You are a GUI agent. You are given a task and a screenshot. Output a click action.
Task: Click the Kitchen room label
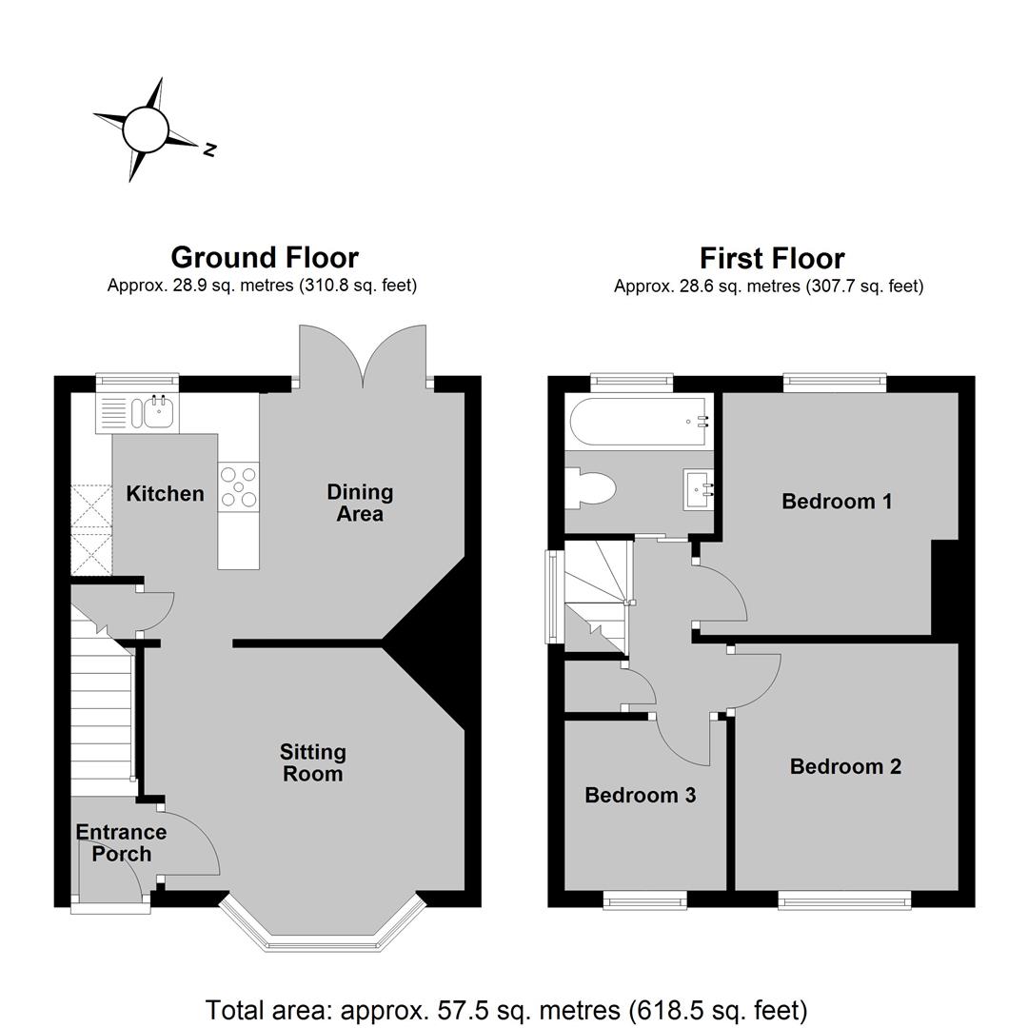[165, 493]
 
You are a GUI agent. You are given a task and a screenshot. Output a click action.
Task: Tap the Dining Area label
[360, 503]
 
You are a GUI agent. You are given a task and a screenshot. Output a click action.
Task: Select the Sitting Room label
[313, 762]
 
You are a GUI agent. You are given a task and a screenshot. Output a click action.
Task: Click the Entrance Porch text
[121, 842]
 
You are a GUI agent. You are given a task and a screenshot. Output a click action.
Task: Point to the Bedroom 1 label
[837, 502]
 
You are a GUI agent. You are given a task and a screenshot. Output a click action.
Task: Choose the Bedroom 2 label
[845, 766]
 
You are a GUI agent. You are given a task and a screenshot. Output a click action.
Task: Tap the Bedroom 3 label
[640, 795]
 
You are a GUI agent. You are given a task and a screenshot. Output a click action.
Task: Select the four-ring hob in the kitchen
[239, 486]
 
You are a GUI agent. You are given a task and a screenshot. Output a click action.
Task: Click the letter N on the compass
[209, 149]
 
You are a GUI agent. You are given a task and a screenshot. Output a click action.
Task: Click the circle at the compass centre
[146, 129]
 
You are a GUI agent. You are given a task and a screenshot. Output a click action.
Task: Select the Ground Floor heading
[265, 258]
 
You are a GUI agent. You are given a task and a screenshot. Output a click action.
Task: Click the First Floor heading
[772, 258]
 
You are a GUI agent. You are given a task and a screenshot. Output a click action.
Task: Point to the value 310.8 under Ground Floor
[324, 286]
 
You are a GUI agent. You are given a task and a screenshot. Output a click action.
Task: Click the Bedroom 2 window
[844, 900]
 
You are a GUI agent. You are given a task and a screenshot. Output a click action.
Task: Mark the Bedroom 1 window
[835, 383]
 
